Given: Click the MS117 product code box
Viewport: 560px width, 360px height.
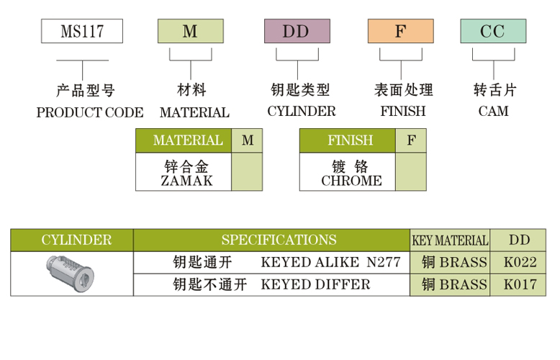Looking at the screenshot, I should coord(81,32).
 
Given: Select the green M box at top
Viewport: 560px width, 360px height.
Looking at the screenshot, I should coord(190,32).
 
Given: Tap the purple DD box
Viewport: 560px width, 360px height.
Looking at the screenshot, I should coord(297,32).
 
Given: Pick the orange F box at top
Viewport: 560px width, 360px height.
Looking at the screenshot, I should coord(400,32).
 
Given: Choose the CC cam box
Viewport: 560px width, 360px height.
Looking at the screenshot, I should coord(493,32).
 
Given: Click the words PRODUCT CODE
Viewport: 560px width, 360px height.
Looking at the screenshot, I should coord(89,112).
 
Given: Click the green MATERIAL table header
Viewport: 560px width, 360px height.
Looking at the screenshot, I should coord(184,140).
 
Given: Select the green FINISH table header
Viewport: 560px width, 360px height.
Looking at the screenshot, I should coord(348,140).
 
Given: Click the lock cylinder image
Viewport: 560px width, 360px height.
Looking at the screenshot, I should coord(71,273).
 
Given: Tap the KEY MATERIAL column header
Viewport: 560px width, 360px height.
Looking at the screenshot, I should coord(450,240).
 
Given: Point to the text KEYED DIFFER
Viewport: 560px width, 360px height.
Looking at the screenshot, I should coord(315,284).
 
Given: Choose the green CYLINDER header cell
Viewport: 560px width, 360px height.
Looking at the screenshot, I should coord(72,240).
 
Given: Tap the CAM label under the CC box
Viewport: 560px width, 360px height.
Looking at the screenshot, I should coord(493,112).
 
